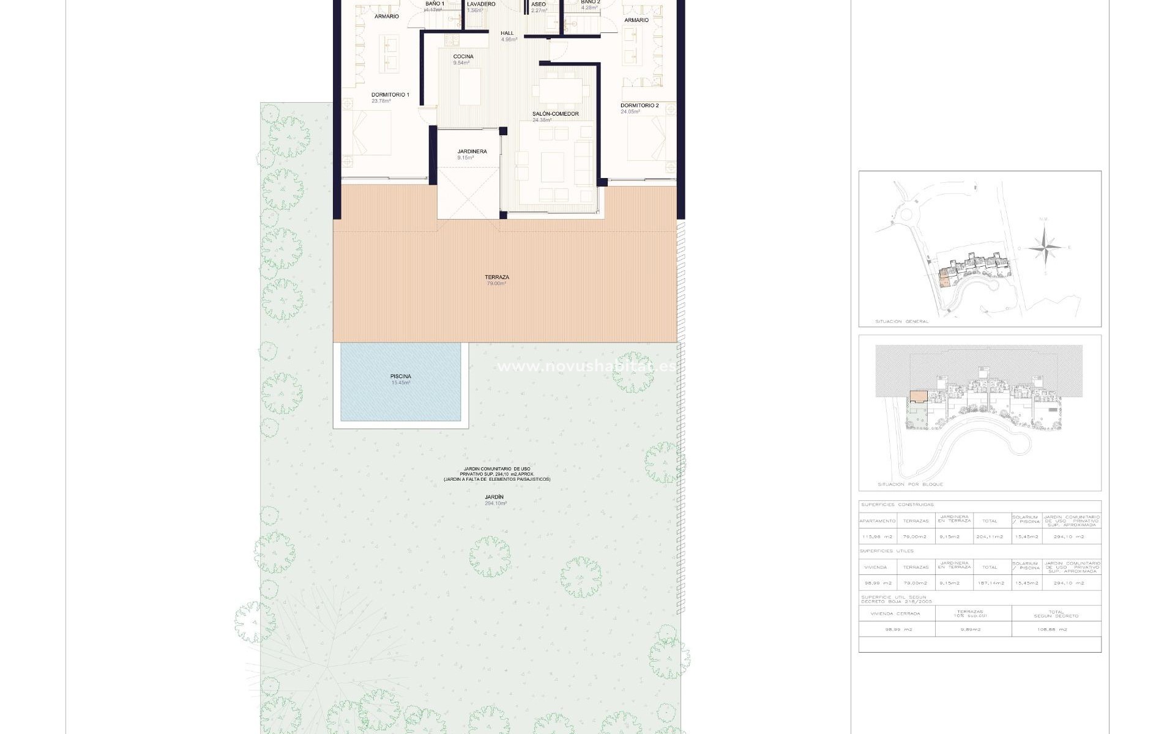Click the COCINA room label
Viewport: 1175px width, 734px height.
(x=463, y=57)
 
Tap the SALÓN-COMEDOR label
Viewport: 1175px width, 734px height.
(x=555, y=114)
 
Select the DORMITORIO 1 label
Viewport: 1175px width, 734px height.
(x=390, y=95)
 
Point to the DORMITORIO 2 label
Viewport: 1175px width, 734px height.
(x=640, y=106)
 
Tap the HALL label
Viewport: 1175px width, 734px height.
(x=507, y=34)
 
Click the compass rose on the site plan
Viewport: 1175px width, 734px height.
(x=1045, y=247)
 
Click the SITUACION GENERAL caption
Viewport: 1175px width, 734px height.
(x=901, y=321)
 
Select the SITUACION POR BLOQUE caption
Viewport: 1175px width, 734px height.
(x=910, y=484)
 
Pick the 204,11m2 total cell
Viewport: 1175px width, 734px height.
(x=990, y=537)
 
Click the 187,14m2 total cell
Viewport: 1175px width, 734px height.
(x=990, y=583)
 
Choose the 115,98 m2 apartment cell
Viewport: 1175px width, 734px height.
(x=877, y=537)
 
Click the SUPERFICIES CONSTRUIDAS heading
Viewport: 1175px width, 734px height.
(x=897, y=505)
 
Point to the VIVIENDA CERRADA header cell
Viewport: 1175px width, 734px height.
(x=897, y=613)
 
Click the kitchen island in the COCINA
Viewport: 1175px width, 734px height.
(x=470, y=87)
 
